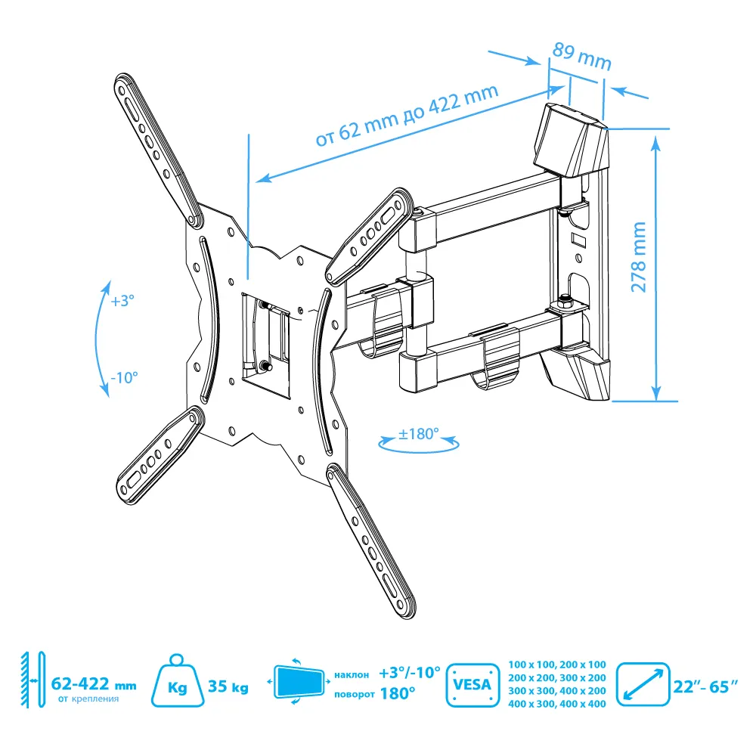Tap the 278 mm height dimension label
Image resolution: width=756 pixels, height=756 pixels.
click(x=638, y=257)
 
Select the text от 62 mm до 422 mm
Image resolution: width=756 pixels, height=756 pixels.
click(x=407, y=115)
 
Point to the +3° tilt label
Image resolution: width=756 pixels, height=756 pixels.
click(x=122, y=301)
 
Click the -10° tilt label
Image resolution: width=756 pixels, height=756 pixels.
click(x=124, y=377)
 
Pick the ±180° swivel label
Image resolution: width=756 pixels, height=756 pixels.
click(x=419, y=434)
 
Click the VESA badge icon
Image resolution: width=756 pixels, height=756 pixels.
click(x=472, y=685)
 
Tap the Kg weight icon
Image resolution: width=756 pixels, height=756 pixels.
click(x=177, y=681)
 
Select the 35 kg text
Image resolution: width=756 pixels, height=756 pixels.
click(x=228, y=686)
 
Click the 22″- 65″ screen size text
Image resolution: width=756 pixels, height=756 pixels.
click(x=705, y=686)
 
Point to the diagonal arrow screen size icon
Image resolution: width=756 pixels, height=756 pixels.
click(x=643, y=685)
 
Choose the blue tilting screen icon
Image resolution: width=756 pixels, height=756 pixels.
click(x=299, y=682)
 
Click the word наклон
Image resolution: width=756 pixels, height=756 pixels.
click(x=352, y=674)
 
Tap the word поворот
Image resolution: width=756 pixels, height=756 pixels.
click(x=355, y=694)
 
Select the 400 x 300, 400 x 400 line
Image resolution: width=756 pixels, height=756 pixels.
click(x=557, y=704)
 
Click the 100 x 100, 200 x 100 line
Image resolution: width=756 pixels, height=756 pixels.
click(x=557, y=665)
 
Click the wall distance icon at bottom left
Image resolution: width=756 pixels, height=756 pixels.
click(x=33, y=680)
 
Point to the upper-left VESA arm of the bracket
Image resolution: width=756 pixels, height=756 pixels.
click(x=158, y=150)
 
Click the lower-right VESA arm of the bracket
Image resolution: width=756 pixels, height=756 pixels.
click(x=370, y=541)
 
